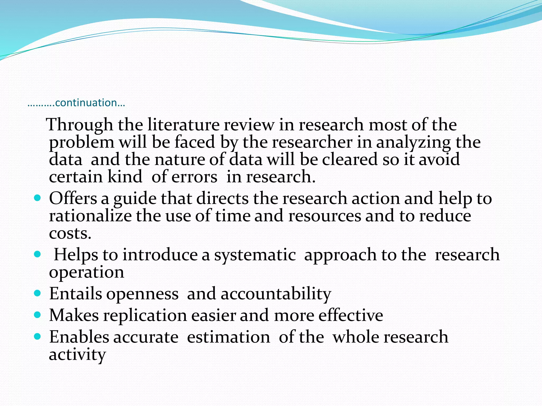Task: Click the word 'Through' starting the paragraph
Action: coord(79,125)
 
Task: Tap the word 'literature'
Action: coord(183,125)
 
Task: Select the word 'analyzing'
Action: coord(413,143)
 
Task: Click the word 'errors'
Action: coord(194,177)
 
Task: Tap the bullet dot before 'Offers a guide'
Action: coord(38,198)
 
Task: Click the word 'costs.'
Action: coord(70,233)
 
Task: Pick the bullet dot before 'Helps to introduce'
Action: coord(38,254)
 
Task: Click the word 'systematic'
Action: coord(255,255)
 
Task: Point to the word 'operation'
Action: coord(86,272)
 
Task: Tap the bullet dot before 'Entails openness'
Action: coord(38,293)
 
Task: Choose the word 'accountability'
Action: coord(276,294)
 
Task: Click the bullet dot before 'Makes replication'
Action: coord(38,315)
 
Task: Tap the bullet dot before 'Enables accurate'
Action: coord(38,336)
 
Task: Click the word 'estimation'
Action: coord(228,337)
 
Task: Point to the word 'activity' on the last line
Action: coord(77,355)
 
